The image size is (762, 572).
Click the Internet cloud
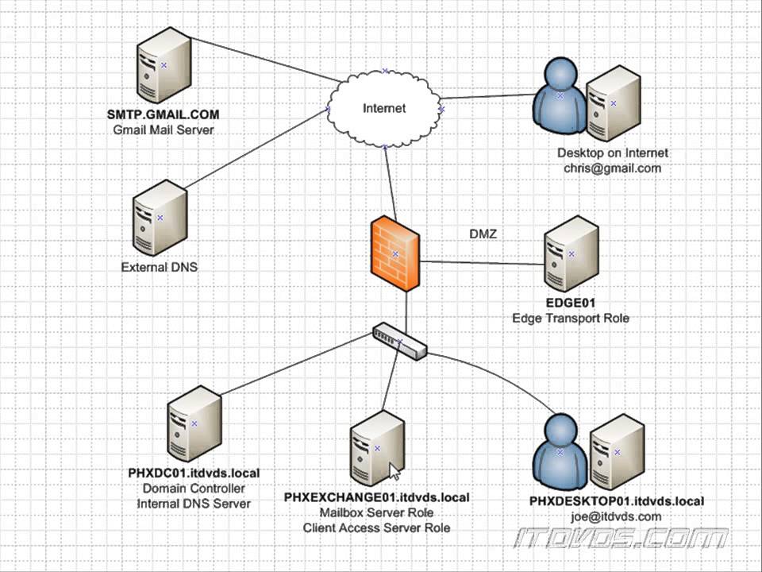(x=384, y=108)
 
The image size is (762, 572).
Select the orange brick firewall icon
(x=395, y=253)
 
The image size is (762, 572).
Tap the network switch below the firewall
(x=400, y=342)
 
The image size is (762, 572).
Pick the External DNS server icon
(x=159, y=218)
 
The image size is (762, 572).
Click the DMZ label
(x=483, y=234)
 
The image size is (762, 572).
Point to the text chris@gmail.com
(x=612, y=168)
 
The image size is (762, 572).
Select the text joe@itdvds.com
(x=617, y=516)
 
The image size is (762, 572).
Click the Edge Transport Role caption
(x=570, y=318)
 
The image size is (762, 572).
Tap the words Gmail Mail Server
(x=164, y=129)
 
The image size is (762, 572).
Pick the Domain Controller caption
(x=194, y=488)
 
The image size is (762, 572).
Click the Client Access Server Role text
(x=376, y=528)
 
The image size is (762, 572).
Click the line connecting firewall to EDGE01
(x=480, y=263)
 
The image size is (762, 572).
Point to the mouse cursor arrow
(x=394, y=472)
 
